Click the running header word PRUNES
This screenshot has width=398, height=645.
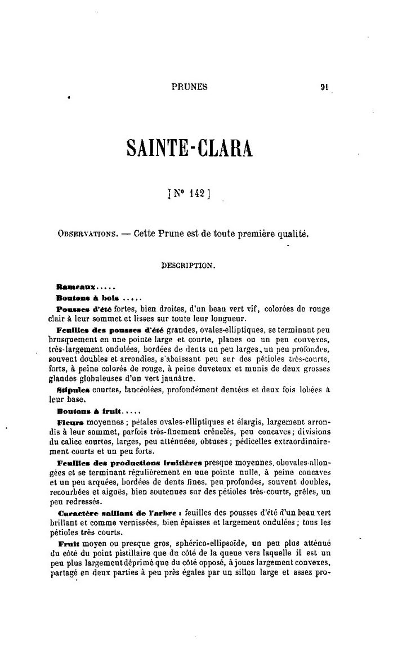pyautogui.click(x=189, y=87)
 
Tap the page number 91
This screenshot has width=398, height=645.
pyautogui.click(x=325, y=87)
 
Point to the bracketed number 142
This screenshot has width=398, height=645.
pyautogui.click(x=189, y=194)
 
